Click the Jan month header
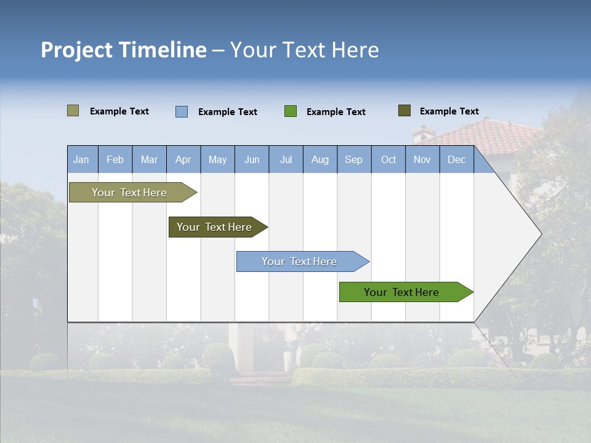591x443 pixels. click(82, 160)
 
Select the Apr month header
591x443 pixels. click(183, 160)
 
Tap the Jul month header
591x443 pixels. click(286, 160)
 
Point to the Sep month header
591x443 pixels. click(354, 160)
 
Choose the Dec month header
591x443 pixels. click(457, 160)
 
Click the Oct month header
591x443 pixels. click(388, 160)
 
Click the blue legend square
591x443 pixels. click(182, 111)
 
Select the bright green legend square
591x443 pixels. click(291, 111)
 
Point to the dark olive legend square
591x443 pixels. click(404, 111)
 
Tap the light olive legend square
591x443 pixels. click(73, 111)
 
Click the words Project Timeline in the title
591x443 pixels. click(123, 50)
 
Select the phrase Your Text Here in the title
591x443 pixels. click(305, 50)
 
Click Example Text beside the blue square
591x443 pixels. click(228, 112)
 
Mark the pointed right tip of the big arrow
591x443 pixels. click(541, 234)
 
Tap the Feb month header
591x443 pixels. click(115, 160)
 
